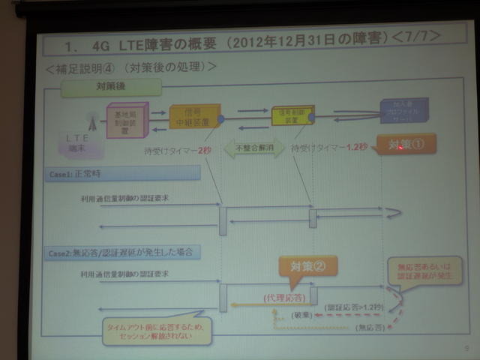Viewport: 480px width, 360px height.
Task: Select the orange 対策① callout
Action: click(406, 145)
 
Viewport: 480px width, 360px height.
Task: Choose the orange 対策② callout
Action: click(307, 265)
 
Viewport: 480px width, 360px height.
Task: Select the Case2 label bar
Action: click(120, 251)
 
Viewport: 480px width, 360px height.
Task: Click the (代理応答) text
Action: click(283, 297)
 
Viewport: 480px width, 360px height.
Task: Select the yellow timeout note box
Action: click(157, 330)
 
